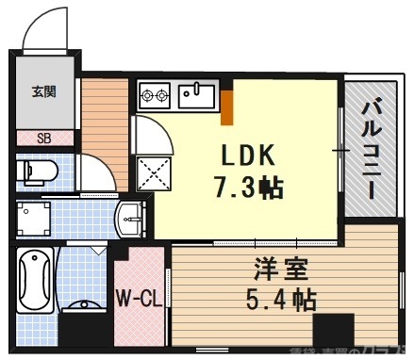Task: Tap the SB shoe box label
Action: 43,138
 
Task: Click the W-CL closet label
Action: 138,300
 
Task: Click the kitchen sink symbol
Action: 197,93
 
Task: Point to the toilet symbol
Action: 41,172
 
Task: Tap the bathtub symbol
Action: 36,280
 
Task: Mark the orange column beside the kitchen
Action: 226,105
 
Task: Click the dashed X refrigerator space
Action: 155,172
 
